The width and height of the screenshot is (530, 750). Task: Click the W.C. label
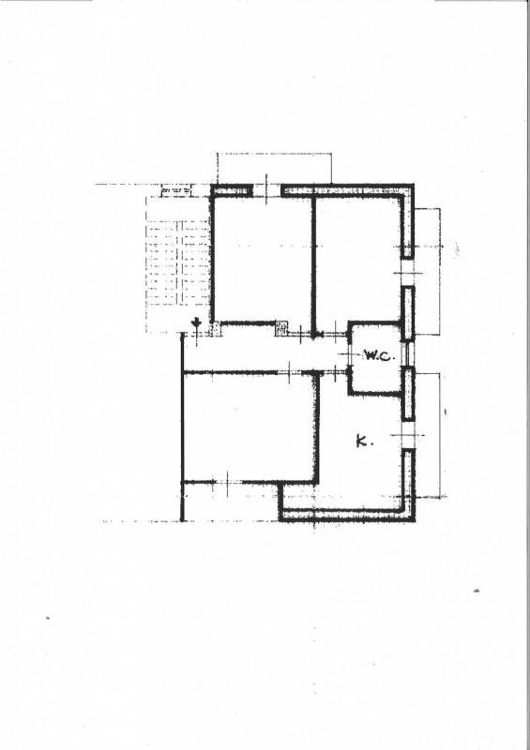point(379,356)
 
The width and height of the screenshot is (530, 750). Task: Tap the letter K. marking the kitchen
point(364,441)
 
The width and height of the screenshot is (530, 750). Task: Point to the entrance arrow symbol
point(196,323)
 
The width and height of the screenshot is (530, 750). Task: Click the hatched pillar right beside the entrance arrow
point(215,329)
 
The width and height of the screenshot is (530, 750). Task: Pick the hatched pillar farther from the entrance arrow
point(281,329)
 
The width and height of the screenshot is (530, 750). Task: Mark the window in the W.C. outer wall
point(407,354)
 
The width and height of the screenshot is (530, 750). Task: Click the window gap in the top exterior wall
point(266,190)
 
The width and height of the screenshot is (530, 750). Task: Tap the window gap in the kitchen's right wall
point(408,435)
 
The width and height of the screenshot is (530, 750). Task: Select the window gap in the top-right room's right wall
point(408,273)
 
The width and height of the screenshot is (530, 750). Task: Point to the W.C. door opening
point(350,354)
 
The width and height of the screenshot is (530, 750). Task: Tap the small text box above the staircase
point(175,191)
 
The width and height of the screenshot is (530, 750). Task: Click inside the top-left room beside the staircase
point(263,260)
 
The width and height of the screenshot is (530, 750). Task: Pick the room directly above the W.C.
point(358,259)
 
